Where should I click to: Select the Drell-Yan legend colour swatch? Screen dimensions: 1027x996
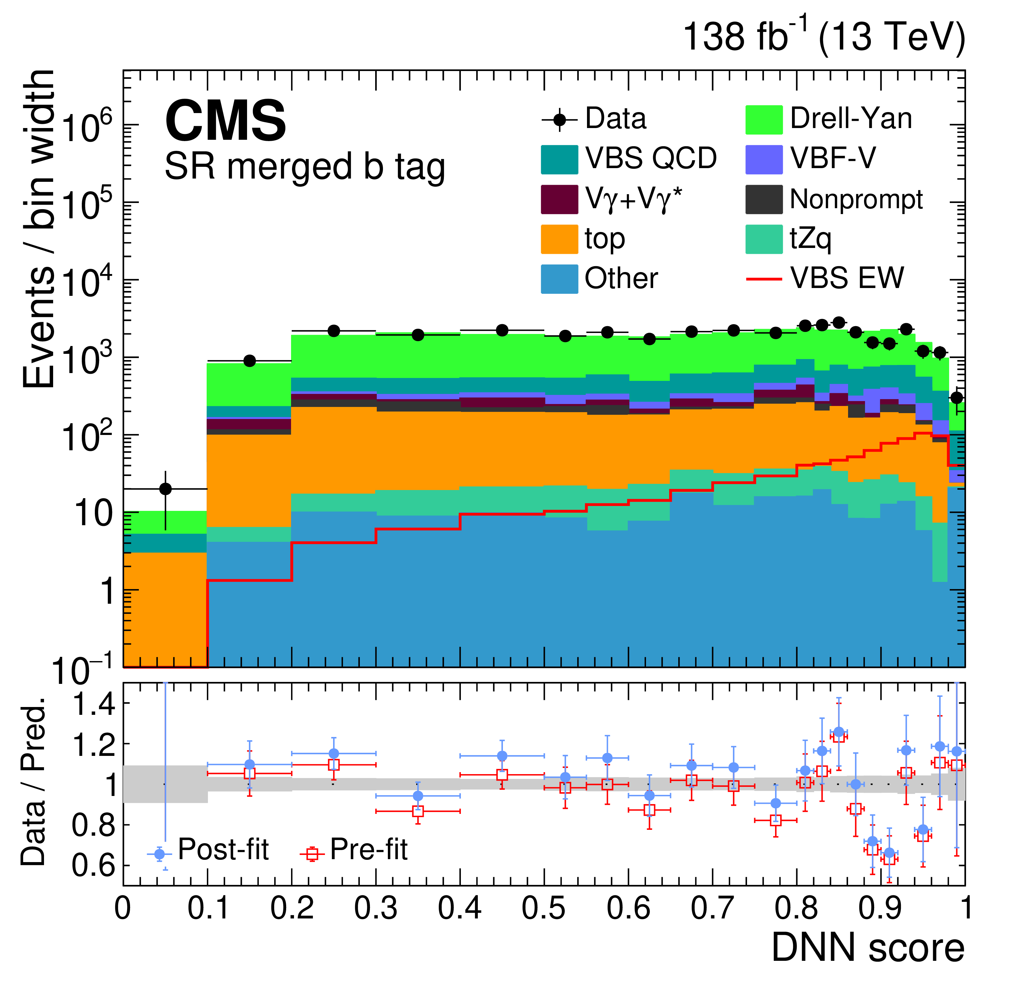[764, 119]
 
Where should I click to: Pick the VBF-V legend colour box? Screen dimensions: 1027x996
[764, 159]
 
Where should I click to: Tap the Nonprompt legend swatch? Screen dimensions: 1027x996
[764, 199]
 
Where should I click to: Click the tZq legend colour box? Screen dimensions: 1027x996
[764, 239]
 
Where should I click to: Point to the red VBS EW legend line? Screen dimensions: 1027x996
[764, 279]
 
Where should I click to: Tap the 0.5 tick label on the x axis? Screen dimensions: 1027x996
[544, 909]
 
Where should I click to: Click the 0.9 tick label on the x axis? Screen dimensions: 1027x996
[880, 909]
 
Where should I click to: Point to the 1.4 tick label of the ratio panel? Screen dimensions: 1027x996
[94, 704]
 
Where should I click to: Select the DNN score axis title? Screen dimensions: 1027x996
[868, 948]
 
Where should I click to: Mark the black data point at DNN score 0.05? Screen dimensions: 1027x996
[166, 489]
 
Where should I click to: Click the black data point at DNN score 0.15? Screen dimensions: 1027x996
[250, 361]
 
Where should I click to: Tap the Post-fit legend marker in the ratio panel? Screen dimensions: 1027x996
[159, 854]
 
